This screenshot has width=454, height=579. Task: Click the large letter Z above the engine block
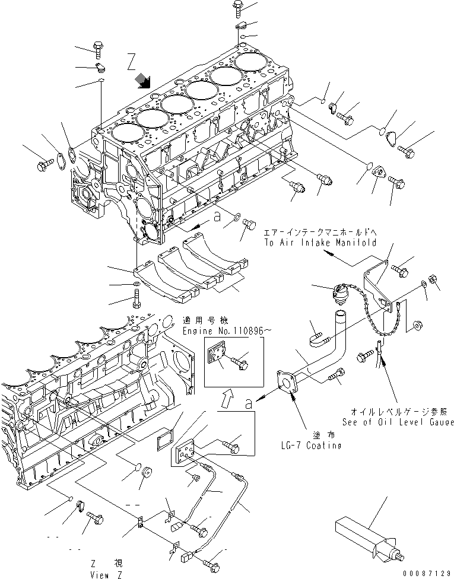click(131, 61)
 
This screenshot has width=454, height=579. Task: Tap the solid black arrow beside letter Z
click(142, 81)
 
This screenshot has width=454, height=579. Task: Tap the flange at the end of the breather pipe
click(288, 382)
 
